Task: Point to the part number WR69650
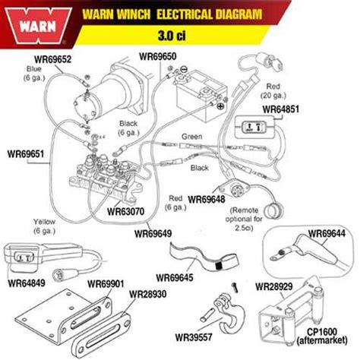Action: pyautogui.click(x=158, y=56)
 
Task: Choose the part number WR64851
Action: pyautogui.click(x=280, y=109)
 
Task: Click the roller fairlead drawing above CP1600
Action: pyautogui.click(x=292, y=313)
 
